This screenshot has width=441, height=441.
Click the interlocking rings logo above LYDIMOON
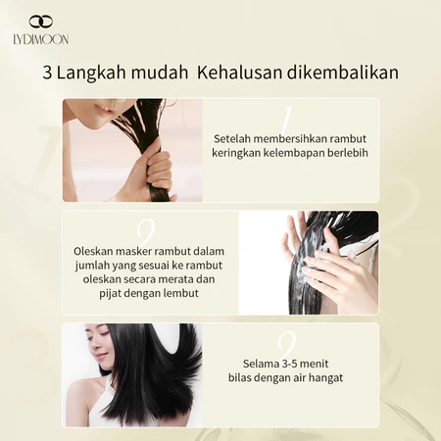[x=41, y=22]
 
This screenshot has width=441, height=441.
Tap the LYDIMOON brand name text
[x=41, y=39]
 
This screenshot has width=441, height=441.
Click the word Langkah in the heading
[x=91, y=73]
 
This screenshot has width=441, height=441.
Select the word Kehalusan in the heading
[x=239, y=73]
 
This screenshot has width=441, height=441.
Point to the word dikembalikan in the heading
[x=343, y=73]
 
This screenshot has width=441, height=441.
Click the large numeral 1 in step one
[x=285, y=120]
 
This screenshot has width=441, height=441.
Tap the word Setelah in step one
[x=232, y=138]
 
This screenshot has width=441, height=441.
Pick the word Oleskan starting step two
[x=93, y=251]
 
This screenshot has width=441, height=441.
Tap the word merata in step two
[x=175, y=279]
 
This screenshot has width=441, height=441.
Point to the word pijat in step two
[x=108, y=294]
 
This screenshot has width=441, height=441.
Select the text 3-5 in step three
[x=288, y=364]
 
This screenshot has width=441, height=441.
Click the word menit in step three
[x=314, y=364]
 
